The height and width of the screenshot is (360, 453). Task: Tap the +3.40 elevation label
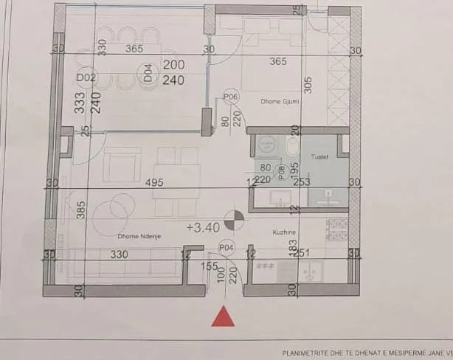[x=204, y=228]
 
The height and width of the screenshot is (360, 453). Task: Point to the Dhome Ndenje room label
[x=139, y=235]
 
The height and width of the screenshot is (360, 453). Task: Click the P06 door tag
[x=230, y=97]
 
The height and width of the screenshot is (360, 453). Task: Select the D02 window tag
[x=86, y=77]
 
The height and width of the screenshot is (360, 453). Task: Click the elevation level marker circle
[x=234, y=219]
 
